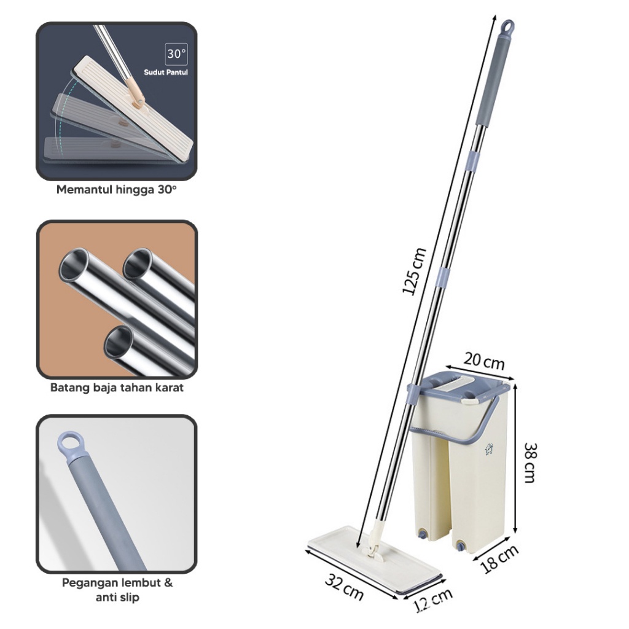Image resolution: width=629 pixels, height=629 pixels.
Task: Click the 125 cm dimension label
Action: pos(414,271)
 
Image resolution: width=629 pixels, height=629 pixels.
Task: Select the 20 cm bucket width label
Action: pos(484,361)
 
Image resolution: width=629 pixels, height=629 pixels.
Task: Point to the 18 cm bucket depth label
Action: pos(499,558)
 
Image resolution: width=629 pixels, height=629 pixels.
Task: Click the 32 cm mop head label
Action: pos(344,587)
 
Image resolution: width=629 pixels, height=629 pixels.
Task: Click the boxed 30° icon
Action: pos(176,54)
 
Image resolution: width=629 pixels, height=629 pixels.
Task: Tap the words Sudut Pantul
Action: pos(166,72)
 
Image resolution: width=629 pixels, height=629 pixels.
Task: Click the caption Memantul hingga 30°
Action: pos(116,189)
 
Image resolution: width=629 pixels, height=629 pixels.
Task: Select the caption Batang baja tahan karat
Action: pos(117,388)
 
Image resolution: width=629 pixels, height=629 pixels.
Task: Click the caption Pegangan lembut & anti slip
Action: pos(117,590)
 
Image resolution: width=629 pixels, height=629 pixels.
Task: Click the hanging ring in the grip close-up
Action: pos(72,443)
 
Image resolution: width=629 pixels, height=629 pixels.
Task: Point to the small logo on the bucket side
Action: pos(488,449)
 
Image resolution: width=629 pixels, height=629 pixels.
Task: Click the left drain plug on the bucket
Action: pos(422,534)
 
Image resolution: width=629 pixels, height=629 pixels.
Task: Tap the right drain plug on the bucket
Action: pos(461,546)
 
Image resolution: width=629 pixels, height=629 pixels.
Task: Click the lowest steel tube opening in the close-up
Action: pos(119,342)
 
